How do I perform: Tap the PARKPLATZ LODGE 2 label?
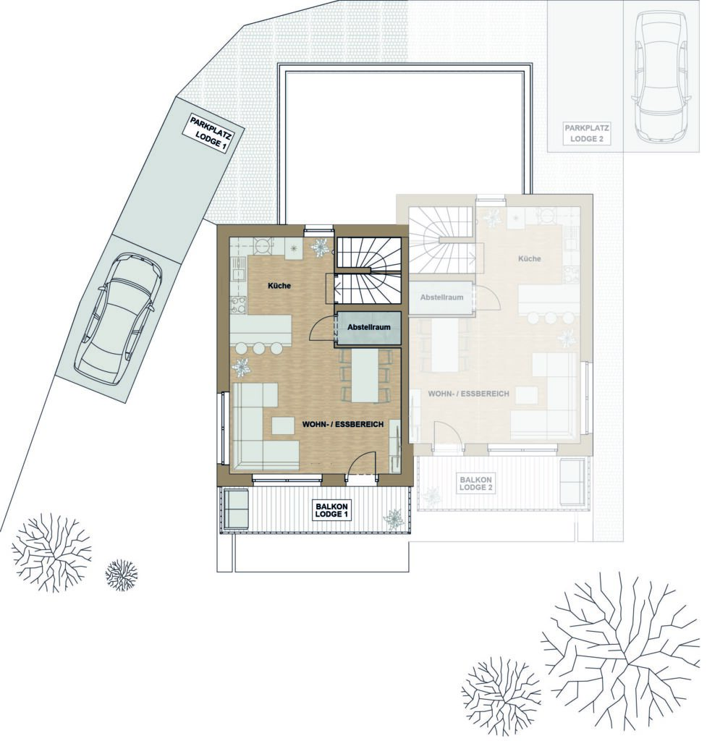pyautogui.click(x=586, y=133)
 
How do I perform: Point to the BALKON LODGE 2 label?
pyautogui.click(x=476, y=483)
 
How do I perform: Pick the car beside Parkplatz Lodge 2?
pyautogui.click(x=661, y=76)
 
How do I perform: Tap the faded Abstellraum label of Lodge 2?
pyautogui.click(x=441, y=297)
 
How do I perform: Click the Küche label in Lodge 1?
pyautogui.click(x=279, y=285)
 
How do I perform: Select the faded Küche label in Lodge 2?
pyautogui.click(x=529, y=258)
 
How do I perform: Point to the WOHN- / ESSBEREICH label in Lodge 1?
pyautogui.click(x=342, y=424)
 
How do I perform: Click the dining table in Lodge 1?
pyautogui.click(x=365, y=375)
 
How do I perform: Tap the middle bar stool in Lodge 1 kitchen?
pyautogui.click(x=258, y=349)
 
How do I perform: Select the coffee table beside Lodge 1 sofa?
pyautogui.click(x=283, y=425)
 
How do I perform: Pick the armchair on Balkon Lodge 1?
pyautogui.click(x=236, y=509)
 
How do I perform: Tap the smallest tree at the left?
pyautogui.click(x=122, y=575)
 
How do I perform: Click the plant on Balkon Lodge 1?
pyautogui.click(x=394, y=518)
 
